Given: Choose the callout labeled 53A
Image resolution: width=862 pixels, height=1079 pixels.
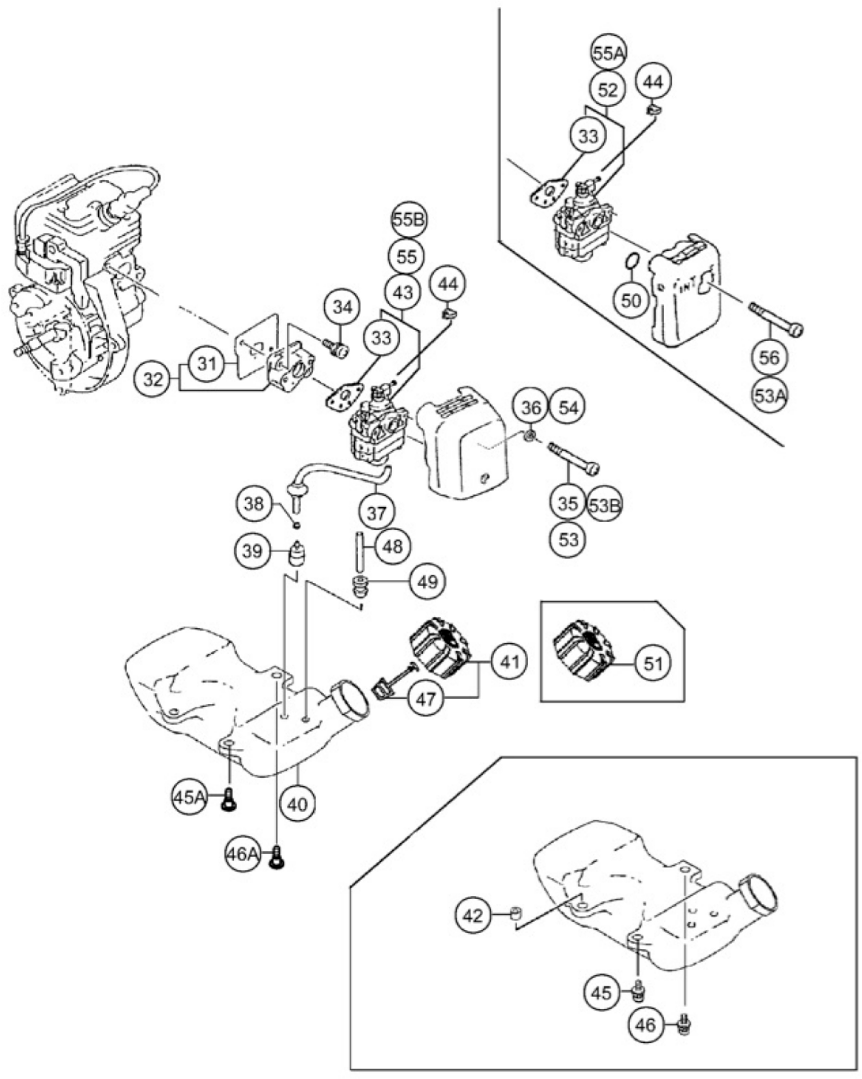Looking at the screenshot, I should (x=769, y=396).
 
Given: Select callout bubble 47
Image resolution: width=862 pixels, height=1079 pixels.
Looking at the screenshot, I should (x=426, y=699).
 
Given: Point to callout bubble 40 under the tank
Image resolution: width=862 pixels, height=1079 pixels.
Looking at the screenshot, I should (x=298, y=804).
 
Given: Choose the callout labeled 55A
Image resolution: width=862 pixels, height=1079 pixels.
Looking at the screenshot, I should (x=608, y=53).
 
